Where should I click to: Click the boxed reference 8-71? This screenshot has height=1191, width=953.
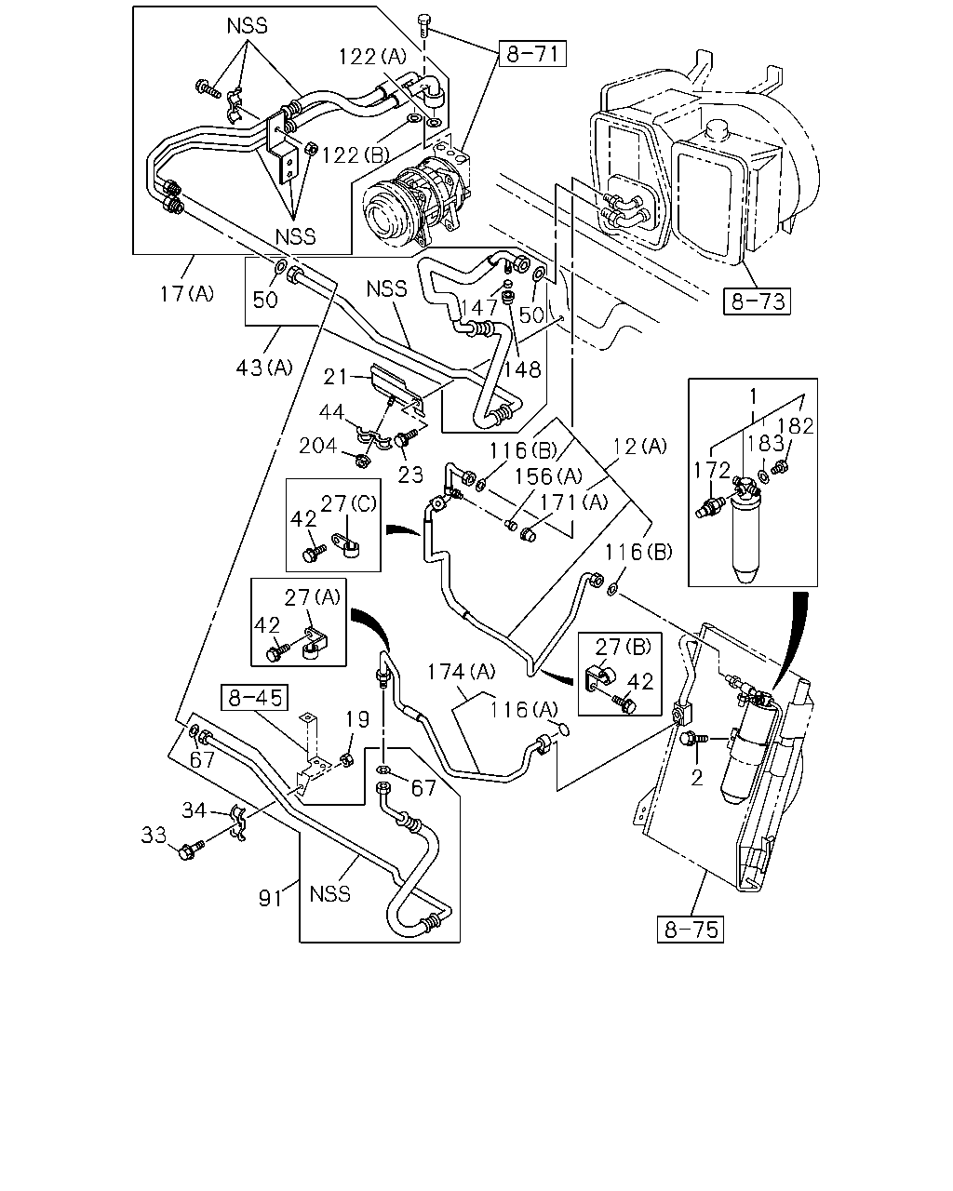point(532,54)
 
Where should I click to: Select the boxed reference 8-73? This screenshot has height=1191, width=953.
point(757,301)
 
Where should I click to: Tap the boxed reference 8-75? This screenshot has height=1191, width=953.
point(691,930)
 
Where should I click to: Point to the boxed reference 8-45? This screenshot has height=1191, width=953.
point(255,698)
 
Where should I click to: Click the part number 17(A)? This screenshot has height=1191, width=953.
point(187,294)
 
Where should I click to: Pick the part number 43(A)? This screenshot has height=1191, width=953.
point(263,367)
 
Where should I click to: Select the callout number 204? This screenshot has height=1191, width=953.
point(318,446)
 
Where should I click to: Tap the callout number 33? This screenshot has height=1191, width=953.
point(154,836)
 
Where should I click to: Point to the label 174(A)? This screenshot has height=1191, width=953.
point(461,673)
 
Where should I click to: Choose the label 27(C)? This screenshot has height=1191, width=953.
point(348,503)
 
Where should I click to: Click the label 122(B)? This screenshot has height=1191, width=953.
point(356,155)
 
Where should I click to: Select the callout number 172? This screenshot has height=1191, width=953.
point(712,471)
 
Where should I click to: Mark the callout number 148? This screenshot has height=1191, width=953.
point(523,369)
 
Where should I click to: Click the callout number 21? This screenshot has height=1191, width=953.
point(335,378)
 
